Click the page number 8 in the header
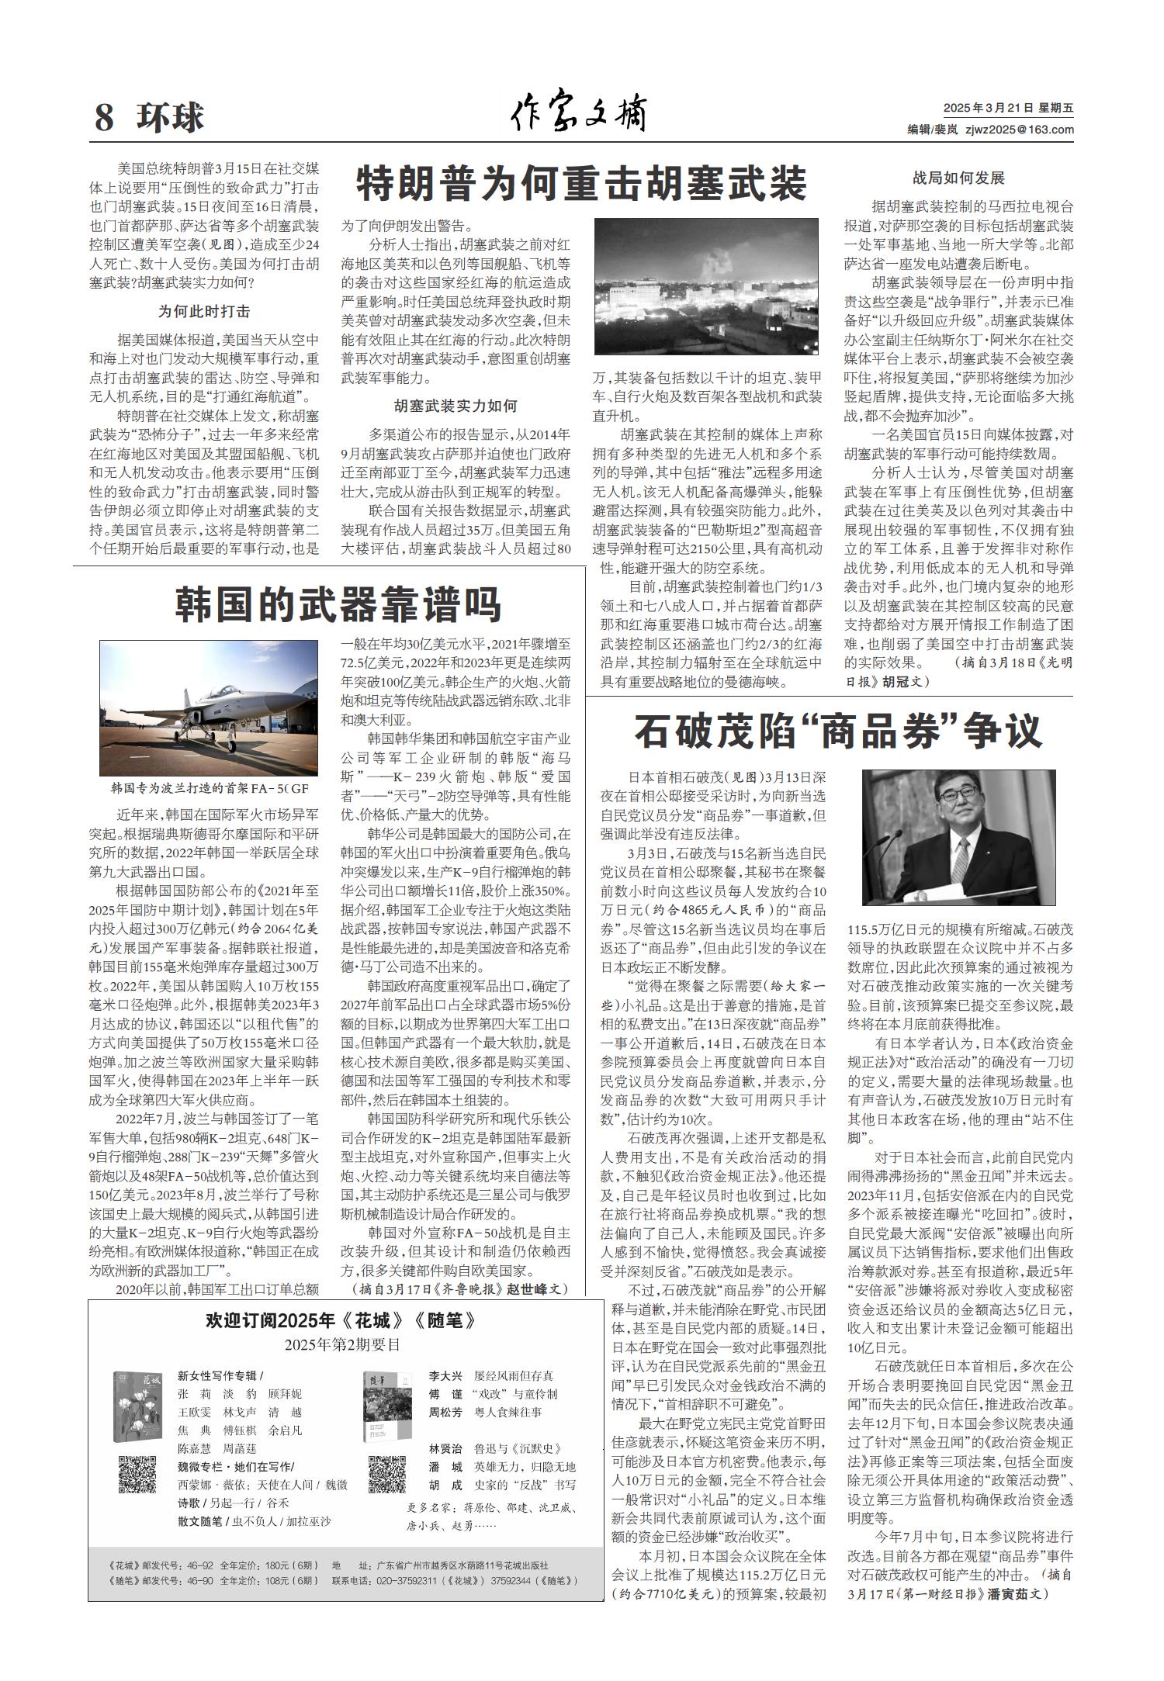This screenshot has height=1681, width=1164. (104, 118)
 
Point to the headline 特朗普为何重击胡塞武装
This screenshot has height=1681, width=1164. (582, 183)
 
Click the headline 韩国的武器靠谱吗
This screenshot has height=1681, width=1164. (338, 604)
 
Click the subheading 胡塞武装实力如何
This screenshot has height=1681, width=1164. (456, 406)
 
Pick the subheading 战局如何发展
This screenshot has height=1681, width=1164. (958, 178)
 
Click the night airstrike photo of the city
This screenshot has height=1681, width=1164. (706, 286)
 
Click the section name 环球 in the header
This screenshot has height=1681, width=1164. (170, 118)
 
